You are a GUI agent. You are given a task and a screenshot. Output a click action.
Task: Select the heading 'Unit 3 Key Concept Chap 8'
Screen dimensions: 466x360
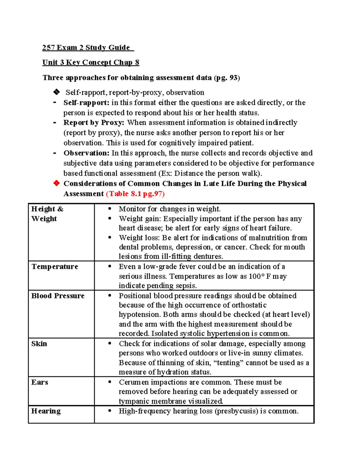pos(91,62)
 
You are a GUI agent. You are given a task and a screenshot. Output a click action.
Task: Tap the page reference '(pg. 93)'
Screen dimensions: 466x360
pos(227,78)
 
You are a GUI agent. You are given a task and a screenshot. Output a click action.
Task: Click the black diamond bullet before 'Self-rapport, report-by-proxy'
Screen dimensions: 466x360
pos(56,92)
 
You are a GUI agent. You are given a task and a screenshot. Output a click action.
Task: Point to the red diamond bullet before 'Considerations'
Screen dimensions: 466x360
pos(56,183)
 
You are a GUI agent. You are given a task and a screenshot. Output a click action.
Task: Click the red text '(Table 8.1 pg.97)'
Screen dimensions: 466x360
pos(135,194)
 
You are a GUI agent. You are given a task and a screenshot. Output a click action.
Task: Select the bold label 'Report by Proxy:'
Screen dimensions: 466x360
pos(94,123)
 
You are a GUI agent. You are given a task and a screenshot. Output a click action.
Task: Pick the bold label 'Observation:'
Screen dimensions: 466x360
pos(86,153)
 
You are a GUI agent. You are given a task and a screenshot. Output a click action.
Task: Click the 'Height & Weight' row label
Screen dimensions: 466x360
pos(47,214)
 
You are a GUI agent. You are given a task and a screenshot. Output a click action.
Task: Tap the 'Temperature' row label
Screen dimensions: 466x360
pos(55,267)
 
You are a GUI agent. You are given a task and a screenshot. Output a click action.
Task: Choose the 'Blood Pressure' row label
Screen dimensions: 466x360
pos(58,296)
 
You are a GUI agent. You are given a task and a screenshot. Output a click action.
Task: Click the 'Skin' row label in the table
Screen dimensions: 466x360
pos(39,344)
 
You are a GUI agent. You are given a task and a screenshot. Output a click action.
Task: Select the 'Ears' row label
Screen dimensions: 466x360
pos(40,382)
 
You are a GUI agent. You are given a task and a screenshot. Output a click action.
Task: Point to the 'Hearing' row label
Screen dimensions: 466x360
pos(46,411)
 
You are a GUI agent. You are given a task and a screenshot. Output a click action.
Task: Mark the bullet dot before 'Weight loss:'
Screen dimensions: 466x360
pos(110,238)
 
